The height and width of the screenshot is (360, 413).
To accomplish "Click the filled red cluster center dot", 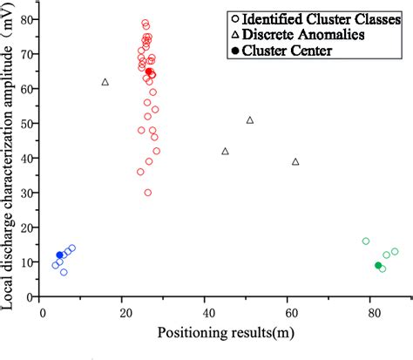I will point(149,71).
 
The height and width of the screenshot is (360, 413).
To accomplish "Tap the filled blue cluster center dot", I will point(59,255).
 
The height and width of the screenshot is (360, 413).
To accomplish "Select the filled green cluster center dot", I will point(378,266).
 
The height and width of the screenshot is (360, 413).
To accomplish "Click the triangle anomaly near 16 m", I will point(105,82).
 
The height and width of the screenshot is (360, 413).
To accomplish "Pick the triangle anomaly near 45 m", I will point(226,152).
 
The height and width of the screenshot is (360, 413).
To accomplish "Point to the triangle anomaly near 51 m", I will point(250,120).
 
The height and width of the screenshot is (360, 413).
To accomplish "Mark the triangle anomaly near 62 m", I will point(295,162).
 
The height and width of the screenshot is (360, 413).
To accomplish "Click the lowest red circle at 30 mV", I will point(148,193).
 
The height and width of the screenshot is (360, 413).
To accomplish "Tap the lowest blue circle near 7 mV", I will point(64,272).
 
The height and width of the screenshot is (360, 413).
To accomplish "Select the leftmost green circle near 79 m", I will point(366,241).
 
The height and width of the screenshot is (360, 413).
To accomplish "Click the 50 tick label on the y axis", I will point(30,123).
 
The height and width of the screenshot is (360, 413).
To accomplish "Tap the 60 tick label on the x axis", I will point(288,310).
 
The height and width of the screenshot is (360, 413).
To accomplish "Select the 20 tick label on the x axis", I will point(124,310).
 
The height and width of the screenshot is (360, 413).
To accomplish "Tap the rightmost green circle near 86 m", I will point(395,252).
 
